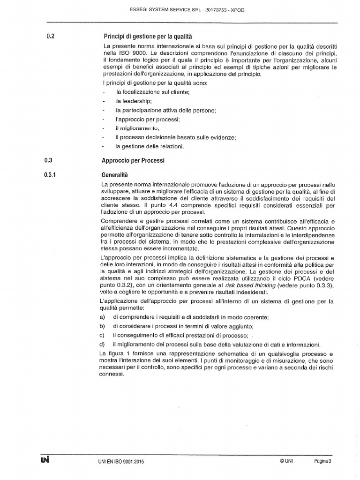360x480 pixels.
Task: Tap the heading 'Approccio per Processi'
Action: click(133, 160)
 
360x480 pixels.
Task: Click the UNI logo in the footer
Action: click(45, 460)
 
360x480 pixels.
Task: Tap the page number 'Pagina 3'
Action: click(322, 461)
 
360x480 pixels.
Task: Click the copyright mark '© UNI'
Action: click(286, 461)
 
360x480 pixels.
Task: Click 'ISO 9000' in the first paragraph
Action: click(126, 53)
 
